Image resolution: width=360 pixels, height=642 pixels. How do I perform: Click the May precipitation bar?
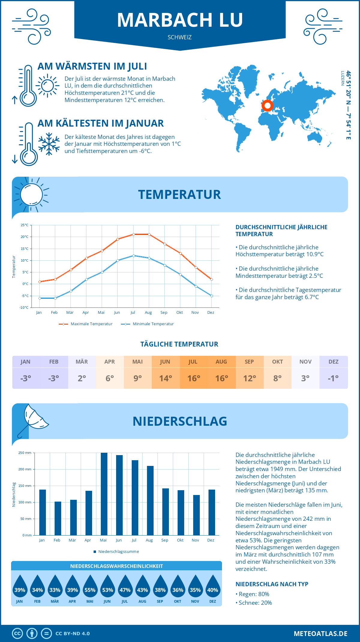(x=104, y=494)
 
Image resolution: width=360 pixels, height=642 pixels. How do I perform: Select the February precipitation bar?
(x=58, y=518)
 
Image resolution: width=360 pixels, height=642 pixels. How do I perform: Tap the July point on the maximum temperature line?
(x=133, y=234)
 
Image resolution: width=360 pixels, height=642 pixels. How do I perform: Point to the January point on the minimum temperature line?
(x=40, y=298)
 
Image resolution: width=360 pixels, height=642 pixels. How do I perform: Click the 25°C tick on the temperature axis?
(x=25, y=225)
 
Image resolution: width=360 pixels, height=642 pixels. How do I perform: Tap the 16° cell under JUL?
(x=193, y=378)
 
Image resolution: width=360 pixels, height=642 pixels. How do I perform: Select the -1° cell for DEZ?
(x=333, y=378)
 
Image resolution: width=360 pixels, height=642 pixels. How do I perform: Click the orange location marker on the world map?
(x=267, y=106)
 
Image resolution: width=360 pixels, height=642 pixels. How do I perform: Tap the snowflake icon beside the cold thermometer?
(x=49, y=144)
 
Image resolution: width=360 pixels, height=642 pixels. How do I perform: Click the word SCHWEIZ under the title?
(x=180, y=37)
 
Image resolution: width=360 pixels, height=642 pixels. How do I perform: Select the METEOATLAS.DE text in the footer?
(x=320, y=634)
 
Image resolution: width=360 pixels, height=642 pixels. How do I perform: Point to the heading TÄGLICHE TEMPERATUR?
(x=179, y=344)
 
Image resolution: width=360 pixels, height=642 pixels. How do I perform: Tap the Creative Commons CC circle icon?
(x=17, y=634)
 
